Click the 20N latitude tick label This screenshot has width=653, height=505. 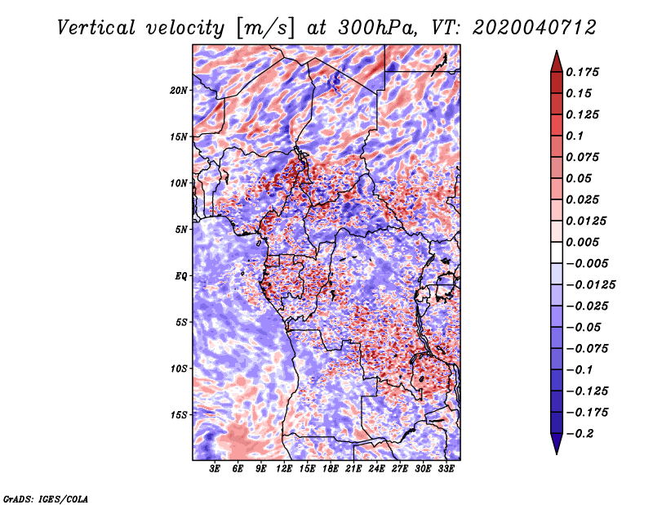click(179, 90)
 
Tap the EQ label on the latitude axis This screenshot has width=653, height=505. click(181, 275)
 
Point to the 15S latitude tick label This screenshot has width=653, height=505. click(179, 415)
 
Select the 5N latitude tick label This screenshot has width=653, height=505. click(181, 230)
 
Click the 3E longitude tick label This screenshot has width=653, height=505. click(215, 469)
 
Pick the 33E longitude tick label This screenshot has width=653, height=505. click(446, 469)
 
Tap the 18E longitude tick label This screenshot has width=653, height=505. click(331, 469)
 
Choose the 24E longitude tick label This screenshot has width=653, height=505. click(376, 469)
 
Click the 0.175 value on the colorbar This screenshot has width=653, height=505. click(582, 72)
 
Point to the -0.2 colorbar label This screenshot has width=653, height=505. click(580, 434)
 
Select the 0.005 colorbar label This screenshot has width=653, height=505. click(582, 242)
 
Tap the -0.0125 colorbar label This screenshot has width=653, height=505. click(590, 285)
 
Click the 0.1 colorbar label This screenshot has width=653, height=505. click(575, 136)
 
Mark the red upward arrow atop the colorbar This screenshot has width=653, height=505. click(557, 62)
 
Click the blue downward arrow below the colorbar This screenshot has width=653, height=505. click(557, 444)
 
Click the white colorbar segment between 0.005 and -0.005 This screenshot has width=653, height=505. click(557, 252)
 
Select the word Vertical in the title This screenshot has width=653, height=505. click(96, 28)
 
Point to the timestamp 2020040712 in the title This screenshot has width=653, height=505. click(535, 28)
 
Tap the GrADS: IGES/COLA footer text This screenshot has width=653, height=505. click(46, 498)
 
